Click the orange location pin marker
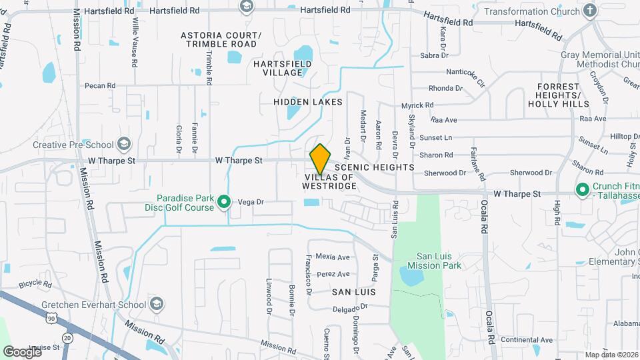[320, 159]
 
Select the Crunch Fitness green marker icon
[582, 189]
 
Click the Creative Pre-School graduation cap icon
[123, 144]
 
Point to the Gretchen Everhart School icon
[157, 305]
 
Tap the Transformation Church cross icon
[589, 11]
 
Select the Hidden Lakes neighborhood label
[308, 102]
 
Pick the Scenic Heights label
[375, 167]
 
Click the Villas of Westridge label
[330, 182]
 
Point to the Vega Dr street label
[251, 201]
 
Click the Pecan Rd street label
[100, 86]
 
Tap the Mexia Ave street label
[333, 257]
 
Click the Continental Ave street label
[527, 340]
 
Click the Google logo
[23, 351]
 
